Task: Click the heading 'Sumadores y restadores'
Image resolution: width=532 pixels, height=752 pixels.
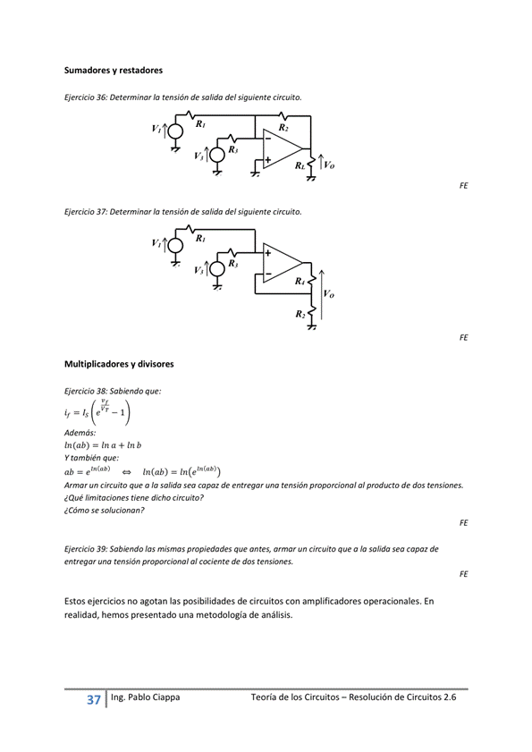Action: click(x=113, y=69)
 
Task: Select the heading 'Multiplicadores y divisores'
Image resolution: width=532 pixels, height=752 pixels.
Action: click(x=119, y=364)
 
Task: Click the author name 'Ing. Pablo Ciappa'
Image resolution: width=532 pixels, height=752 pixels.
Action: click(x=145, y=698)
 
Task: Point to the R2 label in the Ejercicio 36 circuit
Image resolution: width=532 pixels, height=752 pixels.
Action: click(x=283, y=128)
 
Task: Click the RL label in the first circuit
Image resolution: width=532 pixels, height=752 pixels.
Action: click(x=300, y=165)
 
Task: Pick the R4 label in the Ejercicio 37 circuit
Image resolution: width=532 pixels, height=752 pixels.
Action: click(x=300, y=281)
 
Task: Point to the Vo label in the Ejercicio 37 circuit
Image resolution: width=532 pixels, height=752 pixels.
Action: click(x=328, y=292)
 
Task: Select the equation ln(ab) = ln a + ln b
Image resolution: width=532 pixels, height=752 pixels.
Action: click(x=103, y=444)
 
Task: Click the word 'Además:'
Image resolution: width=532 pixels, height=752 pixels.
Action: click(x=80, y=432)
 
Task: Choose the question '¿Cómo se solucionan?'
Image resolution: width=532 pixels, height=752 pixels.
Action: click(x=104, y=510)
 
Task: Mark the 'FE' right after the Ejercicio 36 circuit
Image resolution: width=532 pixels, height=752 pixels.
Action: click(x=463, y=186)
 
